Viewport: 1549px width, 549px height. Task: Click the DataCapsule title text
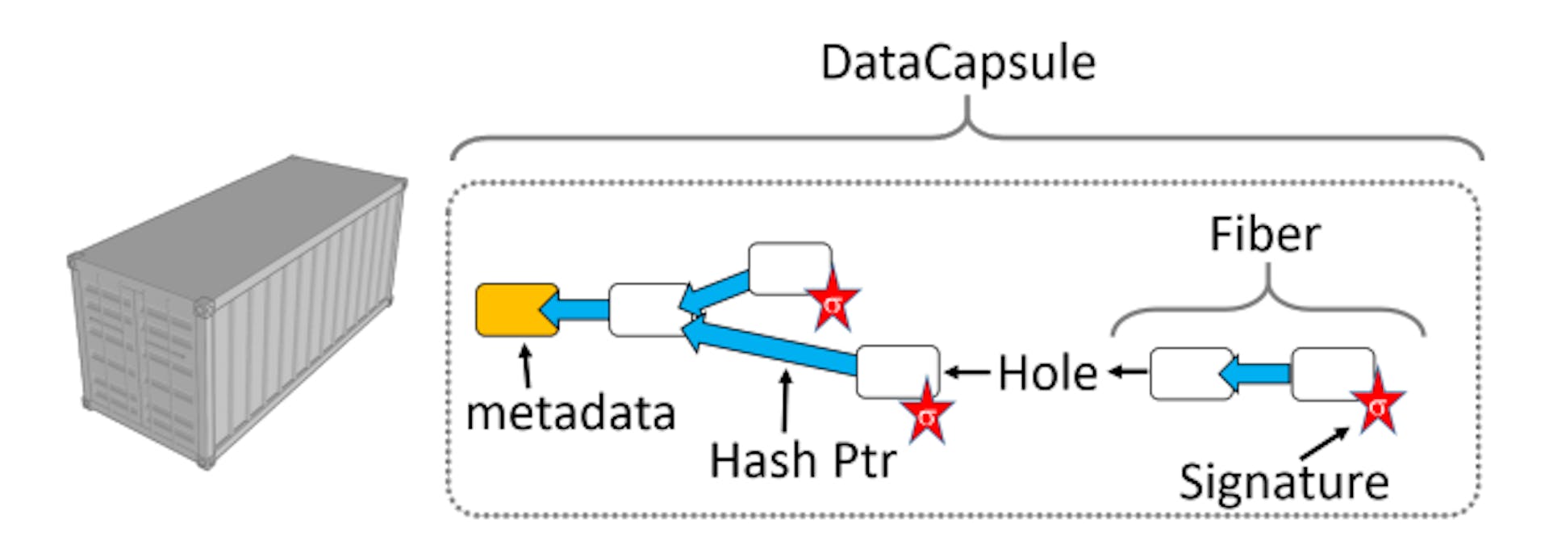click(958, 63)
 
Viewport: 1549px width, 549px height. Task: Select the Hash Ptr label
click(802, 460)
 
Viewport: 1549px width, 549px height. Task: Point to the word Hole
click(1047, 373)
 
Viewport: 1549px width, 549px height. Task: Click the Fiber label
click(1264, 235)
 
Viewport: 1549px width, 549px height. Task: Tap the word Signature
click(1284, 481)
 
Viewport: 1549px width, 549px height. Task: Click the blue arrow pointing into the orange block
click(577, 309)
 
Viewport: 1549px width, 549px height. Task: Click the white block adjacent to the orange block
click(648, 309)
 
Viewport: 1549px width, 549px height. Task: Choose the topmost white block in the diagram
click(788, 267)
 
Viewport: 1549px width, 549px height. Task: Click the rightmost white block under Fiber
click(1331, 373)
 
